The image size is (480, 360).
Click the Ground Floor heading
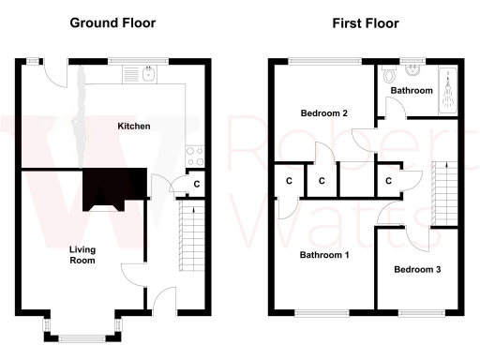click(x=112, y=22)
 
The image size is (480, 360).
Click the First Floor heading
click(x=366, y=22)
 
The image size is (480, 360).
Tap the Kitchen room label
click(x=134, y=126)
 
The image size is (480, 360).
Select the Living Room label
click(x=82, y=255)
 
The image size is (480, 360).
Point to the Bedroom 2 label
click(x=324, y=113)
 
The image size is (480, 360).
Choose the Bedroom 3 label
click(x=417, y=269)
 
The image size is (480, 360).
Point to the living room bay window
click(x=80, y=327)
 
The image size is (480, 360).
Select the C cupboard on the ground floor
click(x=196, y=184)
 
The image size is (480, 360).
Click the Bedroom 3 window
click(x=417, y=312)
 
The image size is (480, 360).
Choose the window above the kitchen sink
click(x=137, y=62)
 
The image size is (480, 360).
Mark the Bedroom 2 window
click(x=324, y=62)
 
